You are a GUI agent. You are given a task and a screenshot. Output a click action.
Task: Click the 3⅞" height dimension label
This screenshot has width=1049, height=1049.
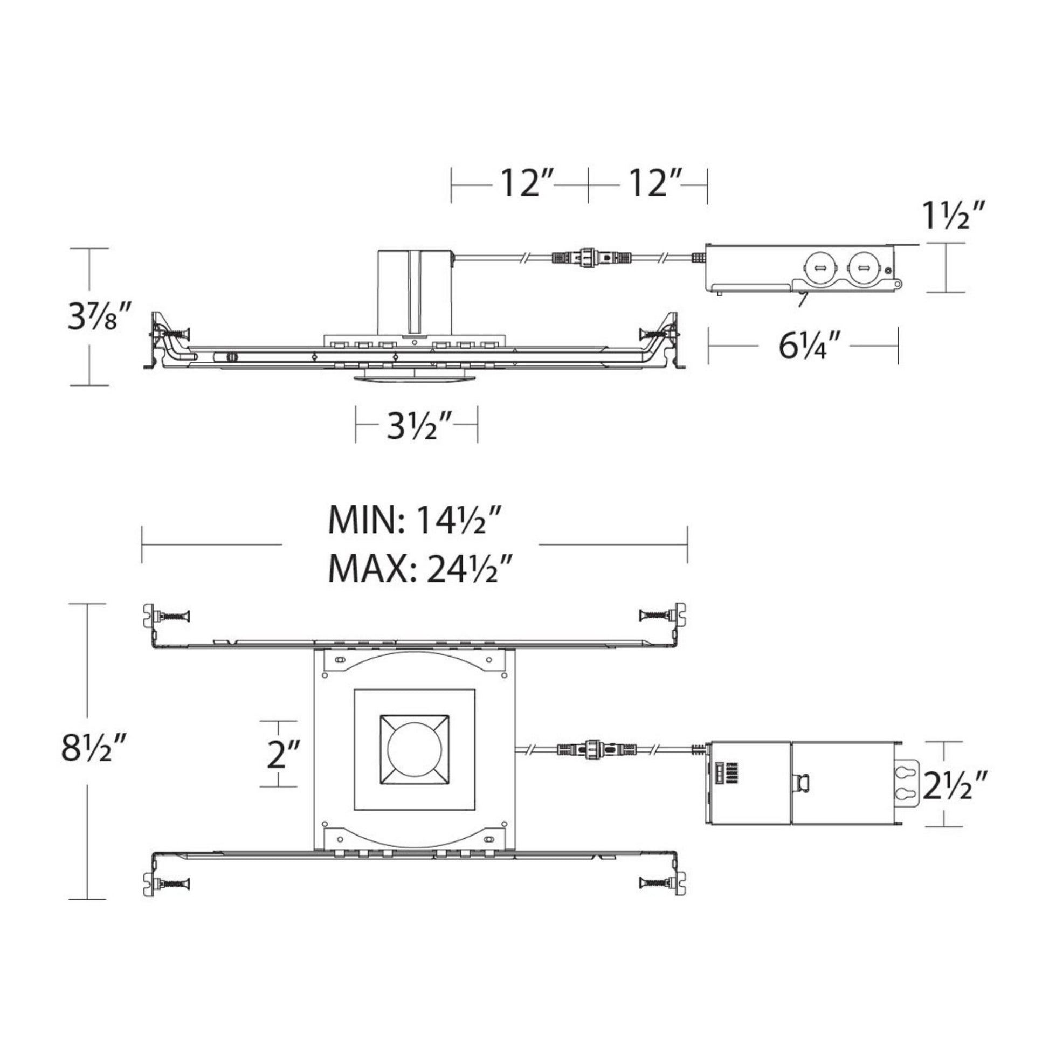point(99,316)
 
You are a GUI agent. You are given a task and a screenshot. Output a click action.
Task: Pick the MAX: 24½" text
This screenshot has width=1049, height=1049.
point(421,568)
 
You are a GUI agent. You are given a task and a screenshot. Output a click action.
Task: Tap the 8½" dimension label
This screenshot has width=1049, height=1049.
point(94,747)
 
